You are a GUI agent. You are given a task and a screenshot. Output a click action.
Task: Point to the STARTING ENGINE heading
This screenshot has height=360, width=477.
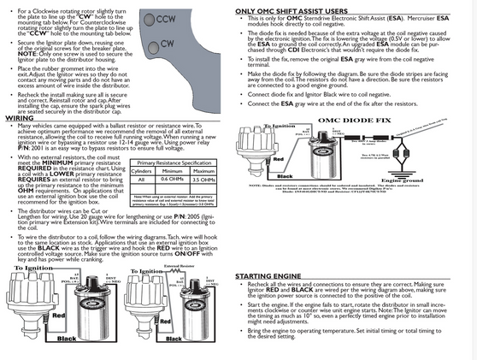(x=271, y=277)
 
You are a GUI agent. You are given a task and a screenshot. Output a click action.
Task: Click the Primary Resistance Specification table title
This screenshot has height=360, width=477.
(x=174, y=162)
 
